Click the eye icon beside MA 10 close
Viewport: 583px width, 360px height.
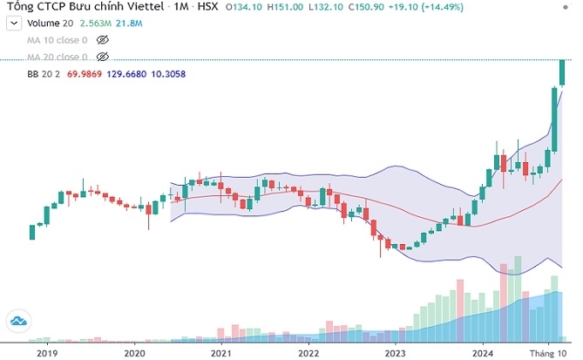(103, 40)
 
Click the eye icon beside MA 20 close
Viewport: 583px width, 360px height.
(103, 57)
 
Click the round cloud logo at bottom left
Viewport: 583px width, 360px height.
(17, 322)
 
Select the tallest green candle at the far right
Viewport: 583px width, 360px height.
(562, 72)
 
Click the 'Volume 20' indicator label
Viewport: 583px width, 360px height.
(49, 24)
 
